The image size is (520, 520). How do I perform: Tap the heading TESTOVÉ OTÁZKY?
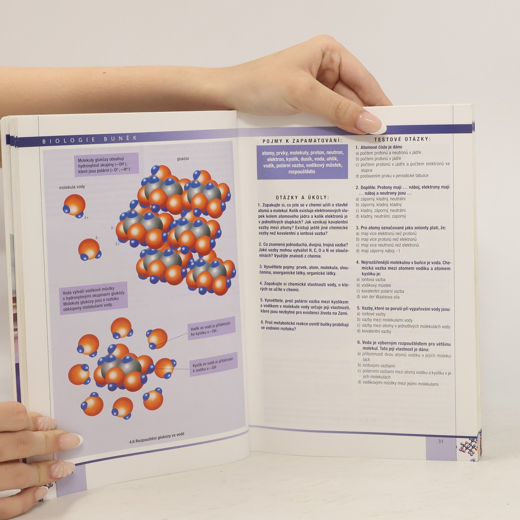coord(402,139)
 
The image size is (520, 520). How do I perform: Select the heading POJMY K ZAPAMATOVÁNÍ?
coord(303,141)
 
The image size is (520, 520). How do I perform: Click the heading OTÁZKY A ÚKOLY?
coord(302,197)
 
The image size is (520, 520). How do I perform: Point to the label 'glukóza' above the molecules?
coord(183,159)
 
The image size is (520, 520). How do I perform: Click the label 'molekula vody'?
coord(72,187)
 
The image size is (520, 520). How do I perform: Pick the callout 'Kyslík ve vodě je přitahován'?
coord(213,364)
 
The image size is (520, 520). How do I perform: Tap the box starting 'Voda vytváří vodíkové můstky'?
coord(93,298)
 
